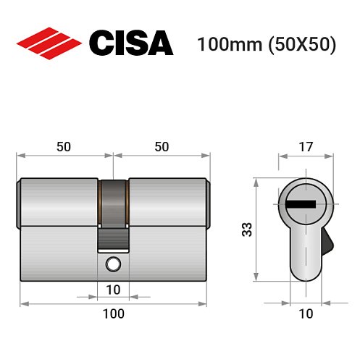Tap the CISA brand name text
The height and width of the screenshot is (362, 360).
[x=130, y=43]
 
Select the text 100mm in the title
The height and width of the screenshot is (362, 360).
[x=222, y=44]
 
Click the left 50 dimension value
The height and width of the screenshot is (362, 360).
[x=64, y=146]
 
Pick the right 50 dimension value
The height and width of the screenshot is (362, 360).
[x=162, y=146]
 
